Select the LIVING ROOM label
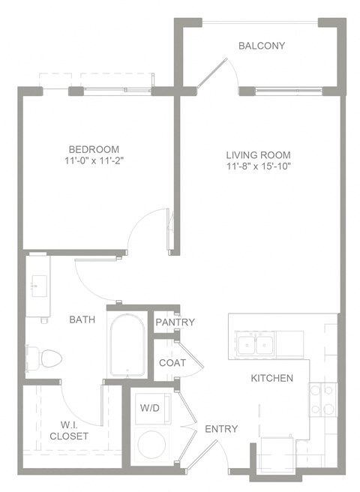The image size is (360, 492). (258, 155)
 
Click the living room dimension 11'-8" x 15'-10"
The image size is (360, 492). (258, 166)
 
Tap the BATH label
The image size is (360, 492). (82, 320)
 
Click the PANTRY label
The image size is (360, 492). (175, 322)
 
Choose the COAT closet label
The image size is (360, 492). (172, 362)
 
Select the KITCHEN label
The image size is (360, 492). (271, 378)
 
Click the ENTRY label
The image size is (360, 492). (220, 429)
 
